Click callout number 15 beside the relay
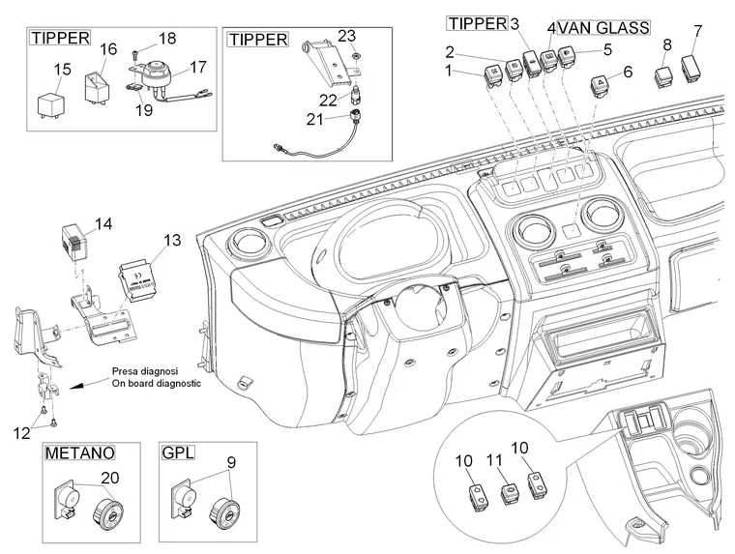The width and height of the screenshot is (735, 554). pos(62,69)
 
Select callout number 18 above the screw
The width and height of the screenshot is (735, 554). pos(167,39)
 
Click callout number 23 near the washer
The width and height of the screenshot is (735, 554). pos(347,35)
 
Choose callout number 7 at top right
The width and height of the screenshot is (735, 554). pos(697,32)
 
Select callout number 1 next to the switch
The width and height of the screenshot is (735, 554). pos(448,71)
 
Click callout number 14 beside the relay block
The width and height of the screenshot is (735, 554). pos(103,224)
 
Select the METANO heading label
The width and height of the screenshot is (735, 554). pos(78,452)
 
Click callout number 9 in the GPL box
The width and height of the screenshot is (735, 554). pos(230,462)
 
